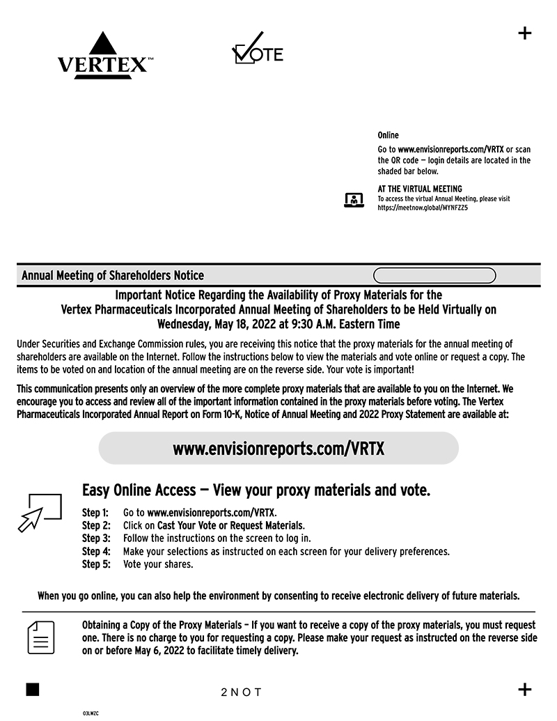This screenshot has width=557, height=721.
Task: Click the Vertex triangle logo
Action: (x=103, y=55)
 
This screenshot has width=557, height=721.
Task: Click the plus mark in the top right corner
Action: (x=526, y=33)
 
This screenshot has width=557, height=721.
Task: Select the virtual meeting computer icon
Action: (x=354, y=201)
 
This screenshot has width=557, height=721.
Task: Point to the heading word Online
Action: (x=388, y=135)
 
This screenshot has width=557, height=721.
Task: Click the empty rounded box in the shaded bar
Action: (x=434, y=276)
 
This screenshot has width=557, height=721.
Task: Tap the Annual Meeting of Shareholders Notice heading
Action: (x=113, y=276)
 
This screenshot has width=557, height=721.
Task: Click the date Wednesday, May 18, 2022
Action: (x=227, y=324)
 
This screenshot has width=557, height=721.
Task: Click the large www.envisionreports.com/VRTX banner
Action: (x=278, y=449)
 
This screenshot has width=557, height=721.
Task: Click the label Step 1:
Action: (x=96, y=513)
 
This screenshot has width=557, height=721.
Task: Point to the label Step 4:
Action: (x=96, y=552)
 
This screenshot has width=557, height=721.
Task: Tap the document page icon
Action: (x=41, y=637)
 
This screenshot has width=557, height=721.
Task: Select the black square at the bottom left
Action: (x=32, y=690)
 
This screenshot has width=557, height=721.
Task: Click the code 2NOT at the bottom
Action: (x=241, y=692)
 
